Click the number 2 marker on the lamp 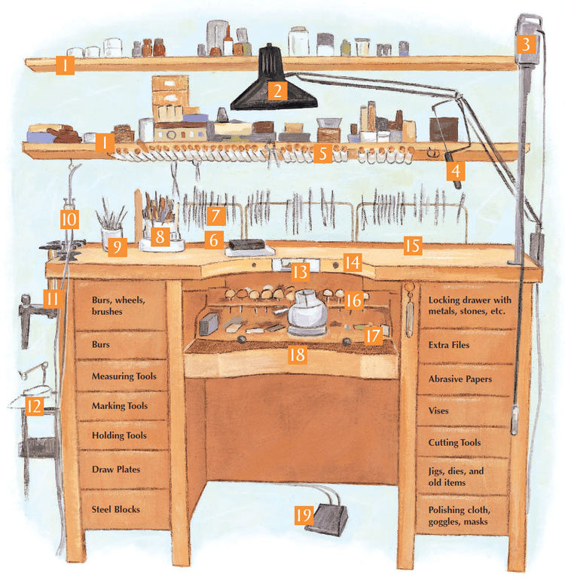tap(277, 92)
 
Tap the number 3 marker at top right tap(527, 44)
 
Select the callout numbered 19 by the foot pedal tap(303, 515)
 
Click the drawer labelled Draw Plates tap(116, 469)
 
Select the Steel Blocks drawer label tap(116, 509)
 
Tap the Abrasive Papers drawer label tap(460, 379)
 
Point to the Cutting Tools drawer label tap(454, 443)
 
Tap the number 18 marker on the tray tap(298, 354)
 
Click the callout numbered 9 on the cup tap(117, 247)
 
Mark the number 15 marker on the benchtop tap(411, 246)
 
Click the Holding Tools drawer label tap(118, 435)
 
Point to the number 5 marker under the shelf tap(322, 154)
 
